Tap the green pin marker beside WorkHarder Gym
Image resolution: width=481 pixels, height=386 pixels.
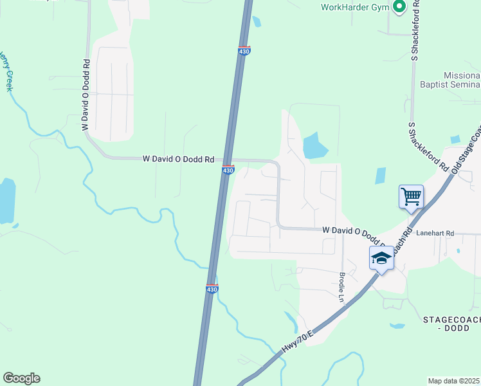click(x=399, y=7)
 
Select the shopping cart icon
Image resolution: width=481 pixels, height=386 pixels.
click(x=411, y=196)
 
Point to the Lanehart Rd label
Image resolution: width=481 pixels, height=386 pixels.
click(x=435, y=234)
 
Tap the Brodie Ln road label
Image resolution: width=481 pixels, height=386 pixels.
click(x=342, y=286)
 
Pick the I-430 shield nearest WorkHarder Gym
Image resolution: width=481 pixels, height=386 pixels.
click(x=244, y=51)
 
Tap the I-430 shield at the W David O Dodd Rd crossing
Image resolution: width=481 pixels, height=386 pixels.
click(x=228, y=170)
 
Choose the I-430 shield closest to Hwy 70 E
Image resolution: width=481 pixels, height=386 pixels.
click(x=212, y=289)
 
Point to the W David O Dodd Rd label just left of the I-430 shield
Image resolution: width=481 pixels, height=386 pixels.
click(x=177, y=158)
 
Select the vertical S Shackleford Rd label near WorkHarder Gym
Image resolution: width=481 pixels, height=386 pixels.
click(x=416, y=30)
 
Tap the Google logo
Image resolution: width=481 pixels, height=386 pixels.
click(x=21, y=378)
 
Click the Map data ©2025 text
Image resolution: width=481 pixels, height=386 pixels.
click(x=454, y=381)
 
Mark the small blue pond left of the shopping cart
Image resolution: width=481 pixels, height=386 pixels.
click(x=380, y=176)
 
